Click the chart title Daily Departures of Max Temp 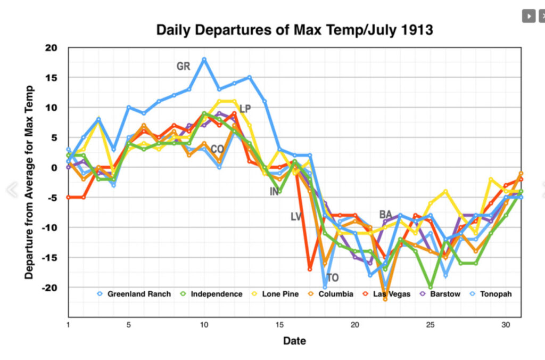[x=294, y=30]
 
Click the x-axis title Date [x=294, y=341]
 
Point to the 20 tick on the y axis [x=51, y=48]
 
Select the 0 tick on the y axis [x=53, y=168]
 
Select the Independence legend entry [x=216, y=294]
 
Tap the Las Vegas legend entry [x=391, y=294]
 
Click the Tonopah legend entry [x=495, y=294]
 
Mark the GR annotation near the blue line [x=183, y=67]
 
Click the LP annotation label [x=245, y=109]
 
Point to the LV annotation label [x=296, y=217]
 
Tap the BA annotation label [x=385, y=214]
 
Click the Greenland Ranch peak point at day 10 [x=204, y=59]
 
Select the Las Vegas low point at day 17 [x=309, y=269]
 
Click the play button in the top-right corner [x=528, y=16]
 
